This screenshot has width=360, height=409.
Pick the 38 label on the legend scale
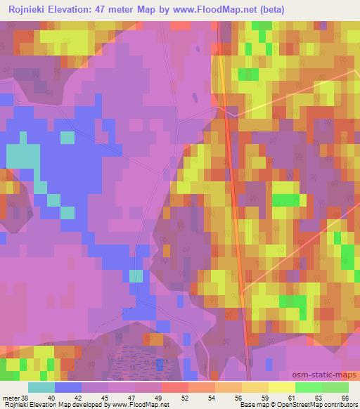[27, 397]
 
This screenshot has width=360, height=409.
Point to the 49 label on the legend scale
[159, 397]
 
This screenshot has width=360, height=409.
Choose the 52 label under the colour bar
[186, 397]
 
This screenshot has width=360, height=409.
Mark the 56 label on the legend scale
[239, 397]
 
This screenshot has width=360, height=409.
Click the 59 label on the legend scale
[266, 397]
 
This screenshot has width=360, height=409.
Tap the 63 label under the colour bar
[319, 397]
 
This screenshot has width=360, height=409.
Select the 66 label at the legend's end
[345, 397]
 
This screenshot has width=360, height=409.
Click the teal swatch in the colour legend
[41, 387]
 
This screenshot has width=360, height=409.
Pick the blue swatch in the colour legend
[68, 387]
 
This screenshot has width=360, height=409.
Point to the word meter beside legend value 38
[11, 397]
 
